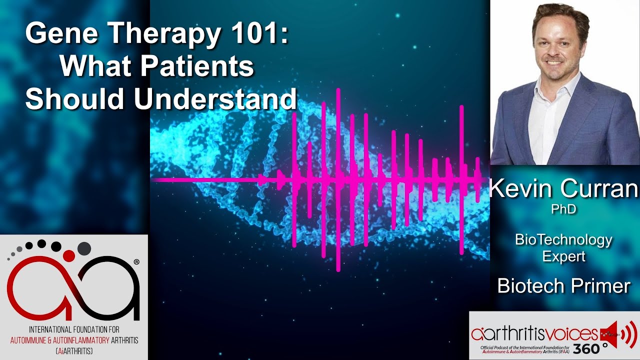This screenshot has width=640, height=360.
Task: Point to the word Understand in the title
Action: pyautogui.click(x=215, y=98)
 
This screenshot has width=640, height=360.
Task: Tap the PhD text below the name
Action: pyautogui.click(x=563, y=209)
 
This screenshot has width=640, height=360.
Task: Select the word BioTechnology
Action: pyautogui.click(x=563, y=240)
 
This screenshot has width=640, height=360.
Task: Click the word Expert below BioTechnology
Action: pyautogui.click(x=563, y=256)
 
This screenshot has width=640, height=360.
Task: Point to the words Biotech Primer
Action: pyautogui.click(x=563, y=286)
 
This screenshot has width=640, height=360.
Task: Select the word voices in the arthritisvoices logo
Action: pyautogui.click(x=573, y=333)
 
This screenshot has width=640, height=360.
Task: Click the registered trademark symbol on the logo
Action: pyautogui.click(x=136, y=261)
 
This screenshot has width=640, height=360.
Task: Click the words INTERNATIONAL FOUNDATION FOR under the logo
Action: pyautogui.click(x=74, y=330)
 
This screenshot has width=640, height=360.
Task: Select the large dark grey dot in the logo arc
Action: pyautogui.click(x=84, y=247)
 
